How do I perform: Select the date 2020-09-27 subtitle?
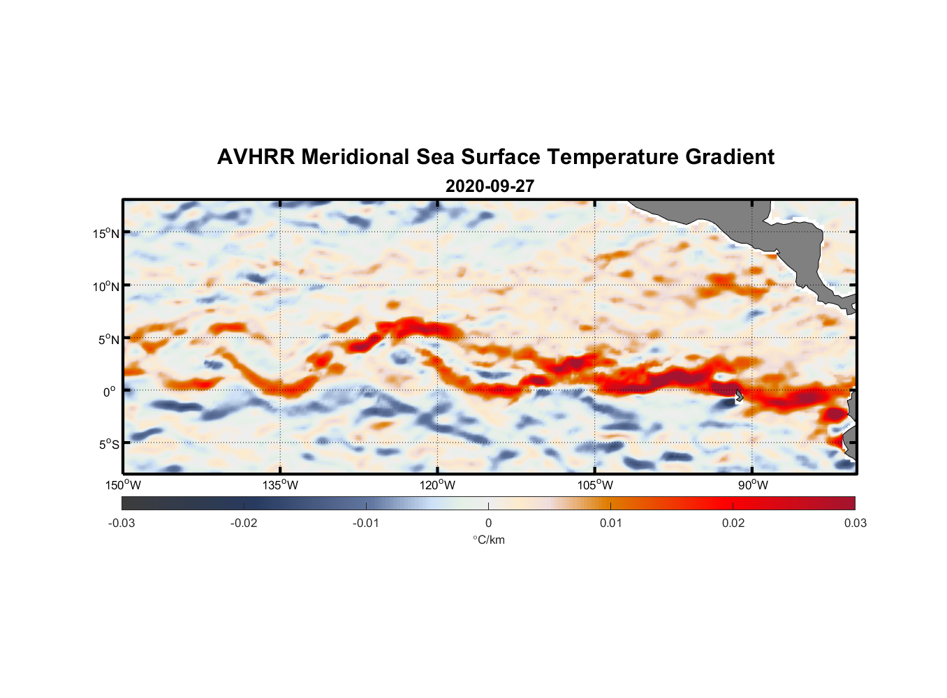tap(490, 186)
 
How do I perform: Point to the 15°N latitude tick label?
tap(106, 233)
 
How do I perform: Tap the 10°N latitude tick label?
tap(106, 286)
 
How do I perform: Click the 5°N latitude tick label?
tap(108, 339)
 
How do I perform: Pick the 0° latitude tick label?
tap(110, 392)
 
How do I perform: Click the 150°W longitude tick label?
tap(124, 485)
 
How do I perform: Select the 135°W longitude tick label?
tap(281, 485)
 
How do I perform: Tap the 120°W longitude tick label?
tap(438, 485)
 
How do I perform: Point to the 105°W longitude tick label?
tap(595, 485)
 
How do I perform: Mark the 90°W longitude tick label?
tap(753, 485)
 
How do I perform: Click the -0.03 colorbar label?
tap(122, 523)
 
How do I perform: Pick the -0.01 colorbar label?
tap(366, 523)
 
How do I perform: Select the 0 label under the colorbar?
tap(488, 523)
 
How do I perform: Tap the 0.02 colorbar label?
tap(733, 523)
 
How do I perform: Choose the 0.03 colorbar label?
tap(855, 523)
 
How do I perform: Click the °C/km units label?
tap(488, 540)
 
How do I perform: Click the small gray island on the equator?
tap(739, 395)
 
